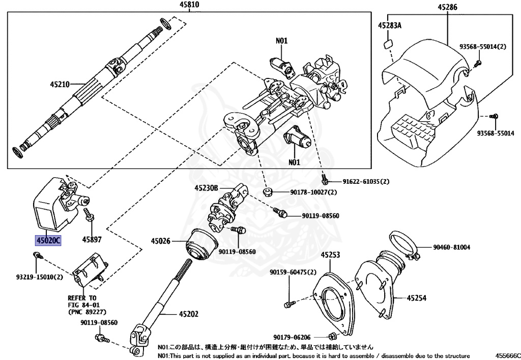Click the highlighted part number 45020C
point(48,240)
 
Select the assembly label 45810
point(189,5)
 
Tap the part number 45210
point(60,85)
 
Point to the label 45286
point(448,7)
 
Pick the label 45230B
point(207,188)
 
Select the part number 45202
point(189,314)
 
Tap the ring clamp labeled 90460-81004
point(403,246)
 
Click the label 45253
point(330,255)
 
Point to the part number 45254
point(417,298)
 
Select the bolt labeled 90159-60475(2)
point(290,303)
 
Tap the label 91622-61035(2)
point(366,181)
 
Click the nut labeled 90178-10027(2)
point(268,192)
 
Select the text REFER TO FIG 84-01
point(84,301)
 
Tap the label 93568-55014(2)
point(483,46)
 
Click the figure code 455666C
point(506,355)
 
